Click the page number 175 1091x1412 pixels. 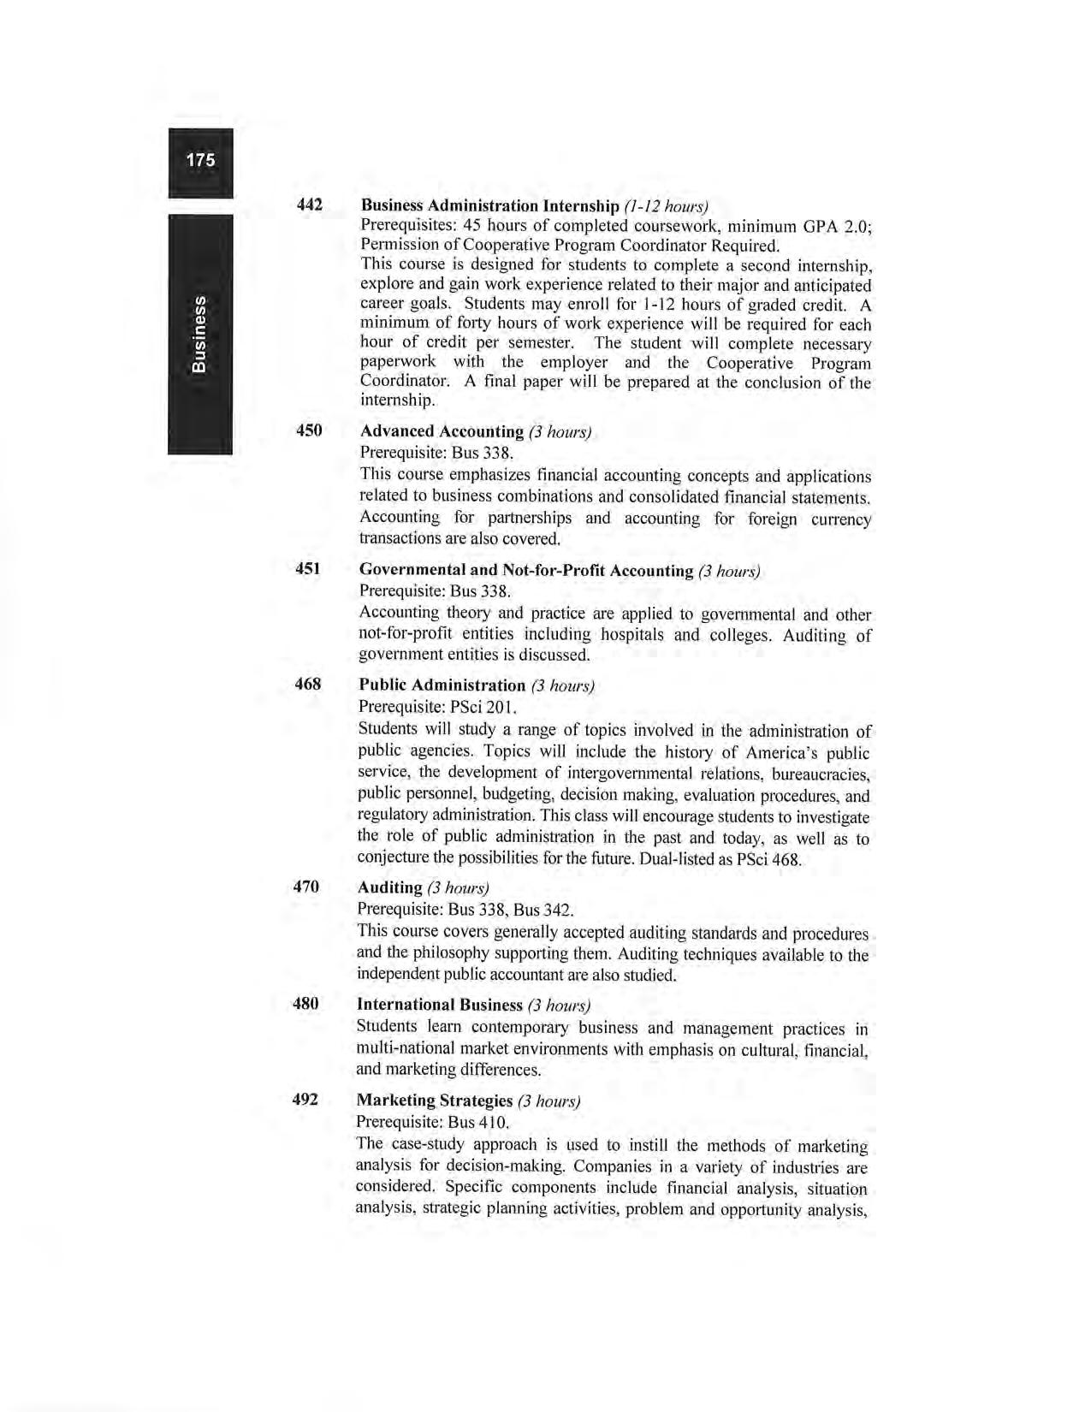tap(201, 160)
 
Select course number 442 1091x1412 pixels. tap(309, 205)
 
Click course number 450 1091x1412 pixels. tap(309, 430)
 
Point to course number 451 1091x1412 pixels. tap(308, 569)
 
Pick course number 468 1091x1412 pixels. tap(308, 685)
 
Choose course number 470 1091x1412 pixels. tap(306, 887)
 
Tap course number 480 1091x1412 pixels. tap(306, 1003)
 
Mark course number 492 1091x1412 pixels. tap(305, 1099)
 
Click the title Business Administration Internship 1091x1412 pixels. tap(489, 206)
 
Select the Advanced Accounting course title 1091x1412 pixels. tap(442, 431)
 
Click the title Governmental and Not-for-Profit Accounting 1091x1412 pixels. tap(526, 570)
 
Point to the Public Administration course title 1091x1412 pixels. tap(442, 685)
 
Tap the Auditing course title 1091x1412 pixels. tap(389, 887)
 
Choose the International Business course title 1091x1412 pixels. tap(439, 1005)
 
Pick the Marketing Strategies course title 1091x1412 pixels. tap(435, 1101)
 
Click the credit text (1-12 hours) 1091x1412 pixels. tap(667, 207)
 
